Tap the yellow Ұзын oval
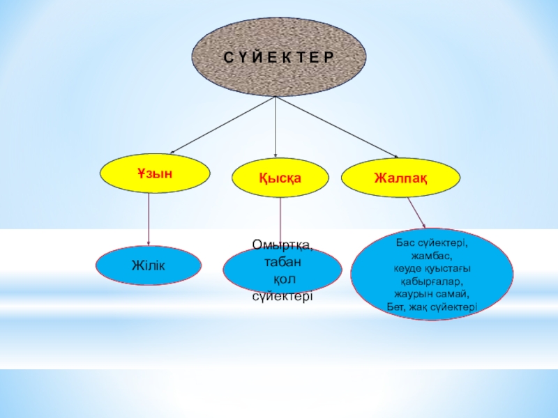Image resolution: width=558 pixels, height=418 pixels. point(156,173)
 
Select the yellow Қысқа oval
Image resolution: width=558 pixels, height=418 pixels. point(280,178)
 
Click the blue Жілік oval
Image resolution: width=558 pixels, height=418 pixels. point(149,265)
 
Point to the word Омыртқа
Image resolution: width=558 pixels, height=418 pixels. point(282,246)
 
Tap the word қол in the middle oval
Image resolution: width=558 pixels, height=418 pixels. point(283,279)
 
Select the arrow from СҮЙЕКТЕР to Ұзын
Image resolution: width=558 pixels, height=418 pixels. point(223,124)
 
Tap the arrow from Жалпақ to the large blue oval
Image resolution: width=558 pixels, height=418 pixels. point(416,212)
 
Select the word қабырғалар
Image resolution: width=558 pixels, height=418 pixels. point(432,281)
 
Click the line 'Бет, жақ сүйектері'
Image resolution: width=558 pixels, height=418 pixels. point(432,305)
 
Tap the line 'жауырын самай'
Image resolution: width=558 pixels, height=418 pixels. point(432,293)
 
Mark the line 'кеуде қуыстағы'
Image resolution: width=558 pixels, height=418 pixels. point(432,268)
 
